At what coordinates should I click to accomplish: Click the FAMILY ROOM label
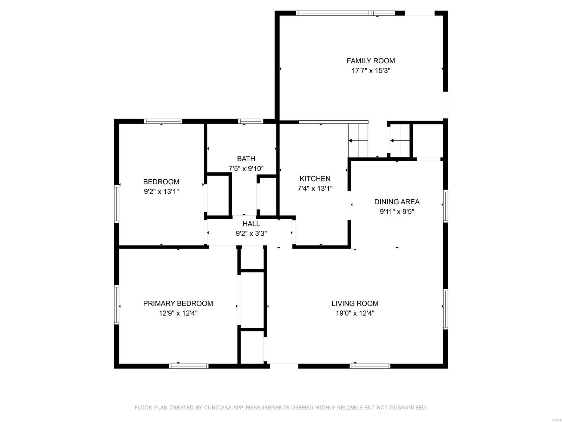(x=371, y=61)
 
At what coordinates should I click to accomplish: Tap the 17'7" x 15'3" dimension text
(x=371, y=71)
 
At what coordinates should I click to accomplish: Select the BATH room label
(x=246, y=159)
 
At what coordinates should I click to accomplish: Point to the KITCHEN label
(x=315, y=179)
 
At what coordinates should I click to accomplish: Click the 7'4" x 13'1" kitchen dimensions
(x=315, y=188)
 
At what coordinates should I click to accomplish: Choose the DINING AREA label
(x=397, y=202)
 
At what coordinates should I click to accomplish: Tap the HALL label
(x=251, y=224)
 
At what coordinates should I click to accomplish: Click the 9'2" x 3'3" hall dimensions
(x=251, y=233)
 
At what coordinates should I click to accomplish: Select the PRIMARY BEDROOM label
(x=178, y=303)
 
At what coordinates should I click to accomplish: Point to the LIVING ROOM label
(x=355, y=303)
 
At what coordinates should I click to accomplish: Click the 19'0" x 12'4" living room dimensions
(x=355, y=313)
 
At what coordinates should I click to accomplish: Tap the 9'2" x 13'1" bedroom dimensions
(x=161, y=192)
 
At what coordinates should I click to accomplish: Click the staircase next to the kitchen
(x=358, y=141)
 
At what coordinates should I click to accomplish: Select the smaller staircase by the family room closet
(x=400, y=141)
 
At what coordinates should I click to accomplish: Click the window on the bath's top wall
(x=250, y=121)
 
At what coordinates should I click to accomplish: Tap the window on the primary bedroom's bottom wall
(x=189, y=366)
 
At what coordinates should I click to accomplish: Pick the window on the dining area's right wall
(x=445, y=206)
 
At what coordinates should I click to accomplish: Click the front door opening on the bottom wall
(x=284, y=366)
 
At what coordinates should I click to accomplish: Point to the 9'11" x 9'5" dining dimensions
(x=397, y=212)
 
